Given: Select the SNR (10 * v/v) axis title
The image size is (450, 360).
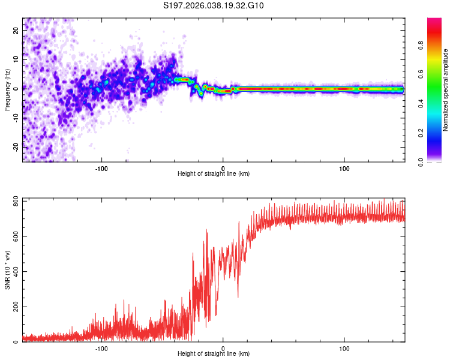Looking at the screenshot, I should (7, 270).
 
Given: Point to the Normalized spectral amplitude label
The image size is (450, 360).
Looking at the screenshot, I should (445, 90).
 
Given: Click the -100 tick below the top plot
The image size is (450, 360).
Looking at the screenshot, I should (101, 169).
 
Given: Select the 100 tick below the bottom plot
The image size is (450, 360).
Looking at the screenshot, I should (344, 349).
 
